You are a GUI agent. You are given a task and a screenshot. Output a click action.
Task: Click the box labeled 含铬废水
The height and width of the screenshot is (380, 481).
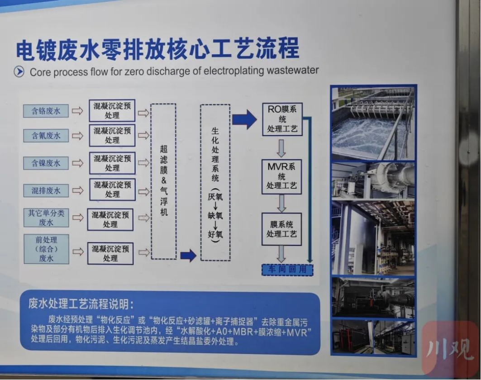tap(46, 111)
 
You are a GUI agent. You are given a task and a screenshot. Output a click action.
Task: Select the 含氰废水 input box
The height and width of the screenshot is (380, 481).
tap(46, 135)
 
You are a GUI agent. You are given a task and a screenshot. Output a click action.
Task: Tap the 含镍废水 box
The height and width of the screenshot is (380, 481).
tap(46, 163)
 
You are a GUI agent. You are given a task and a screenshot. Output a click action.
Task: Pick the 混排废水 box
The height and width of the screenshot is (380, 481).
tap(46, 190)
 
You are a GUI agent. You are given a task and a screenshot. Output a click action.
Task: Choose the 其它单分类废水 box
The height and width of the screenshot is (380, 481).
tap(46, 218)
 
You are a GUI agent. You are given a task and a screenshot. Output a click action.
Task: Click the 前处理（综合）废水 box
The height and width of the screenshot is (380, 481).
tap(46, 249)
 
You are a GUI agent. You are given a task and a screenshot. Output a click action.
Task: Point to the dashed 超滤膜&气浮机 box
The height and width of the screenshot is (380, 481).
tap(163, 181)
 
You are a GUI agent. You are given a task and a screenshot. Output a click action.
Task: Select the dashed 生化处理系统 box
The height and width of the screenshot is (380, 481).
tap(215, 182)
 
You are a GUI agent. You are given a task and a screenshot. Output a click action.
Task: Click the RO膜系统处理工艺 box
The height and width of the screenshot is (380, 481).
tap(282, 119)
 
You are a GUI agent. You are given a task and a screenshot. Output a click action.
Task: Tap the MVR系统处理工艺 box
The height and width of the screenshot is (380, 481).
tap(281, 176)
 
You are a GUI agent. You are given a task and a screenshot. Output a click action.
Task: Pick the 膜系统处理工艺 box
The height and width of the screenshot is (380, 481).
tap(281, 229)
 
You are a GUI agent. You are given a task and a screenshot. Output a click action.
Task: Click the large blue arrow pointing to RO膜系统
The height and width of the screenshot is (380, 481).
tap(244, 119)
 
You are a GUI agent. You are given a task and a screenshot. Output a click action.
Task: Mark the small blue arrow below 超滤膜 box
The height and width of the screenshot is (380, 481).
tap(188, 256)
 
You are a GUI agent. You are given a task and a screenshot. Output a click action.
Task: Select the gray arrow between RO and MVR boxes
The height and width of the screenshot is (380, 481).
tap(281, 147)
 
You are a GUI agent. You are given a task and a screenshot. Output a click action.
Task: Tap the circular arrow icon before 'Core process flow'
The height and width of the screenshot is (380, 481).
tap(19, 71)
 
